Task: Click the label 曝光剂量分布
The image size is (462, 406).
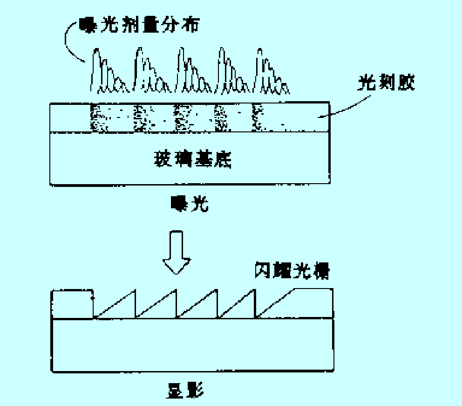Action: [139, 24]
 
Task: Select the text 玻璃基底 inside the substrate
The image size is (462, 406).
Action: [192, 159]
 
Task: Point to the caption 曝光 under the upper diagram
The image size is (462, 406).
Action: [190, 203]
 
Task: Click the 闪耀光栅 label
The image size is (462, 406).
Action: [292, 271]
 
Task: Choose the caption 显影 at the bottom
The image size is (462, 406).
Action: [185, 390]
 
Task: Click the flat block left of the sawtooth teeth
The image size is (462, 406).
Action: [72, 304]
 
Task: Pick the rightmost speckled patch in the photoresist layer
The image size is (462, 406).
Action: [258, 117]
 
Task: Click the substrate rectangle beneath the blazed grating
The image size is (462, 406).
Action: [192, 345]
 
